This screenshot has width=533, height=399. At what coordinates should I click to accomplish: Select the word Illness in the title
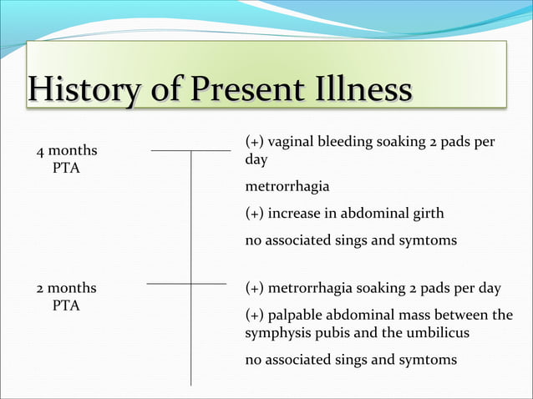[363, 88]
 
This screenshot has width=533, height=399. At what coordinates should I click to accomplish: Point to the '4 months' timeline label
[66, 151]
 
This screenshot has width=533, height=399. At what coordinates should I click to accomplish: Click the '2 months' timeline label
[66, 288]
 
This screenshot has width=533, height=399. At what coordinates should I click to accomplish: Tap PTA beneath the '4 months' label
[66, 168]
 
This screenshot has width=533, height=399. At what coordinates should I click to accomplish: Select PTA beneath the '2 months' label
[66, 306]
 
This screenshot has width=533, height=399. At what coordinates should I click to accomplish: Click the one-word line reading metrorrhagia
[281, 186]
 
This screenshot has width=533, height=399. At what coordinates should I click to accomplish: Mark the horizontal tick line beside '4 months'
[190, 151]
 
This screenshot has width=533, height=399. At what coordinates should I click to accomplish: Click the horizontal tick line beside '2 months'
[186, 284]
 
